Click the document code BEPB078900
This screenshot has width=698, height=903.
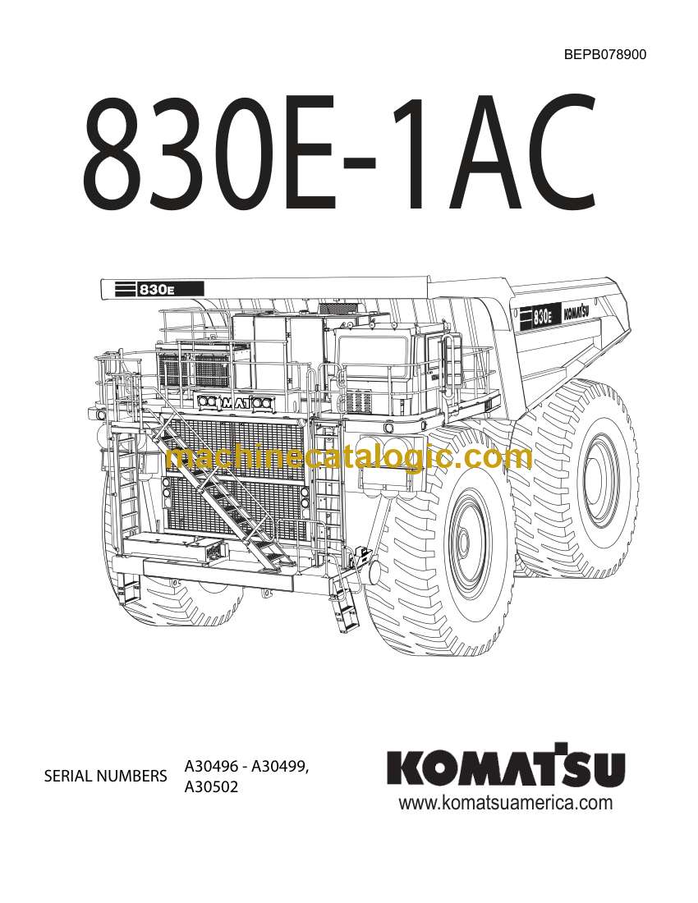point(604,55)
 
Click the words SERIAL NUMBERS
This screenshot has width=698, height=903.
point(105,776)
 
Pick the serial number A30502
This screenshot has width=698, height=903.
point(211,786)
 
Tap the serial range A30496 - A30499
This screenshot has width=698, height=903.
point(246,766)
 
